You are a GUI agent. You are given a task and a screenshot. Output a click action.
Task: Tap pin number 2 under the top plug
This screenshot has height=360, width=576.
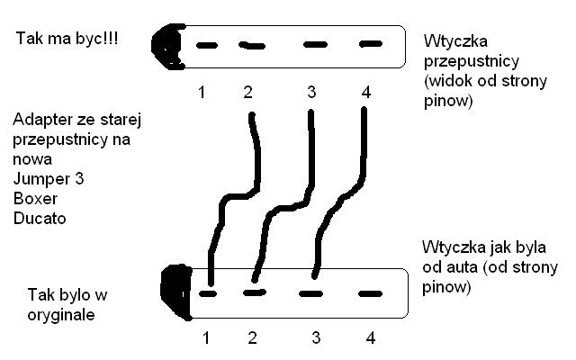249,92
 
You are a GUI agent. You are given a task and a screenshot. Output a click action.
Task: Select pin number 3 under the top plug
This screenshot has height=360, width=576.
311,92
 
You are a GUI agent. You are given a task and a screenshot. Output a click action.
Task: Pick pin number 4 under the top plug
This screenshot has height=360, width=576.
364,92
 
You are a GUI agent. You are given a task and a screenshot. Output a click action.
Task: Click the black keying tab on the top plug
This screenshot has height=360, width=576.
166,44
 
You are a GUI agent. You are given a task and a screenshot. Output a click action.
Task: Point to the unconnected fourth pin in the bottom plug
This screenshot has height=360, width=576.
369,293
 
